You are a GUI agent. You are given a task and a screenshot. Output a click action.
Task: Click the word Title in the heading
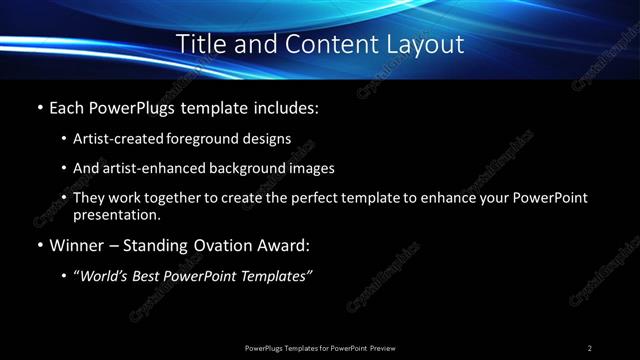click(x=201, y=44)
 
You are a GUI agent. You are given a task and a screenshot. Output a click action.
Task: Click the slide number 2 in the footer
click(x=590, y=347)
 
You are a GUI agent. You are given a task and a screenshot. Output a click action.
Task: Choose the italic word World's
click(x=103, y=275)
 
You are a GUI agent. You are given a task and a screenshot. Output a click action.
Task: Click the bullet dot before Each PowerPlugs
click(x=39, y=107)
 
